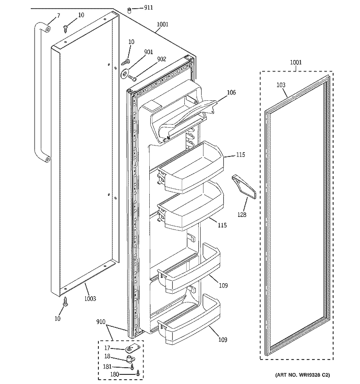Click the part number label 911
click(x=148, y=8)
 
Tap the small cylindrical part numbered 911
click(x=129, y=10)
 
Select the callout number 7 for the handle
click(x=58, y=16)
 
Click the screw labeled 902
click(x=132, y=78)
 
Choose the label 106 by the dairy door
click(x=231, y=92)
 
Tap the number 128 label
click(x=242, y=215)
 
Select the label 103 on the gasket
click(x=281, y=85)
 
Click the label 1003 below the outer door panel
click(x=90, y=299)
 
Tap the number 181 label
click(x=107, y=367)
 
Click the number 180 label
click(x=115, y=374)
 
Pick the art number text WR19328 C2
click(x=312, y=375)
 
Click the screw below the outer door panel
click(x=65, y=301)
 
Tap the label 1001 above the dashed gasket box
click(x=296, y=62)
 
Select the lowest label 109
click(x=222, y=340)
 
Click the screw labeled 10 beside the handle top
click(x=66, y=28)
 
